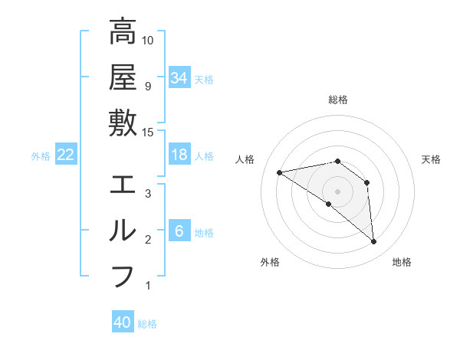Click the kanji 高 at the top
[123, 32]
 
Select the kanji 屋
[123, 77]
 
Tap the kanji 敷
[123, 123]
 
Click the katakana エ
[123, 185]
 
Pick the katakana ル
[123, 231]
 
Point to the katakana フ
[123, 276]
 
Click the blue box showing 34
[179, 77]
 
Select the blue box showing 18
[179, 155]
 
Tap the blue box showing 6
[179, 231]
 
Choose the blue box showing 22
[66, 155]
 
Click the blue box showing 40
[123, 322]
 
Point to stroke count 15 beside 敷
[149, 132]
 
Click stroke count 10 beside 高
[149, 40]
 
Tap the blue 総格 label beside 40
[148, 324]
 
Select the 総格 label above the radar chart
[338, 100]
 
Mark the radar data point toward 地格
[373, 242]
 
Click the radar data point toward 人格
[280, 172]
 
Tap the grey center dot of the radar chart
[338, 191]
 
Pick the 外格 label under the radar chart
[270, 262]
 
